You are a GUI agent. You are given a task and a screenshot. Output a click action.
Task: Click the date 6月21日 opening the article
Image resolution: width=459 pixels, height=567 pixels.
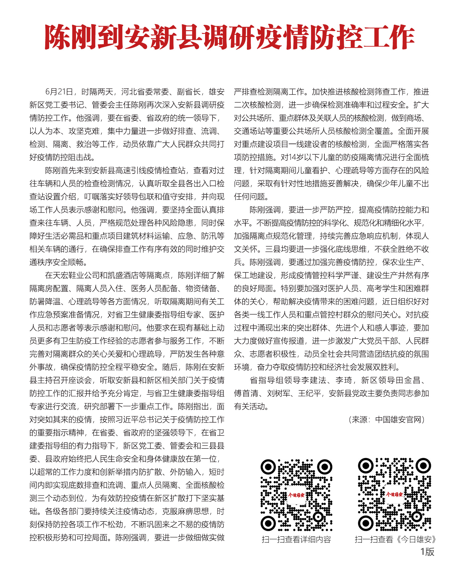click(59, 92)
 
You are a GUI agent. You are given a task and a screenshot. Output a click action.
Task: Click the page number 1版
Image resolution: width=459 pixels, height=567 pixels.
click(427, 552)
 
